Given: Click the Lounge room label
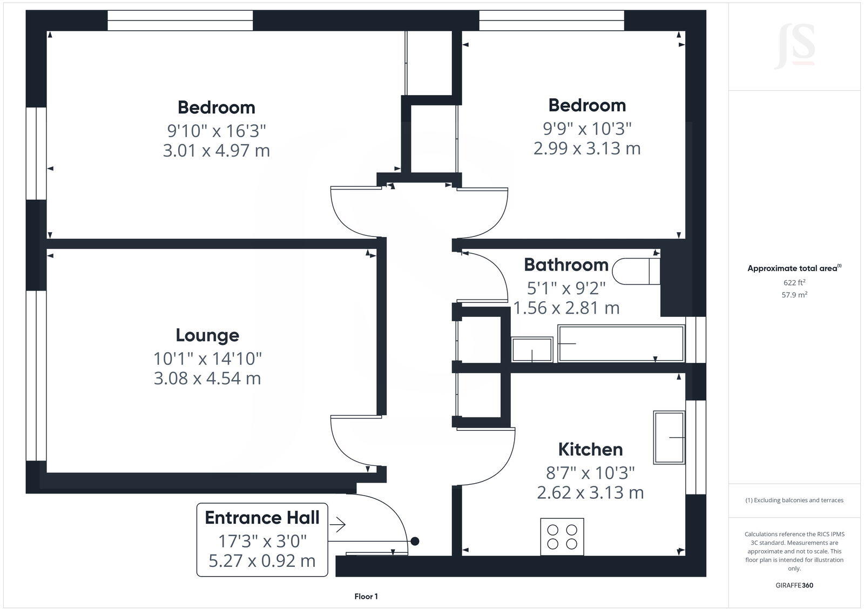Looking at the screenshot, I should pyautogui.click(x=207, y=335).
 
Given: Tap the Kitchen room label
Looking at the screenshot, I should pyautogui.click(x=590, y=449).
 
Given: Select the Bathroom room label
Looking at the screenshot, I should pyautogui.click(x=566, y=265).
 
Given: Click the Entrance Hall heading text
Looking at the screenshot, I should pyautogui.click(x=262, y=518).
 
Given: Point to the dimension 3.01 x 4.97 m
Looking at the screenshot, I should pyautogui.click(x=216, y=151).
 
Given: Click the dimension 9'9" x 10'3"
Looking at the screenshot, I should pyautogui.click(x=587, y=128).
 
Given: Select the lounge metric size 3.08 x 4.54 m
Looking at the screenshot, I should pyautogui.click(x=207, y=378).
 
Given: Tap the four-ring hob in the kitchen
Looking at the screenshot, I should pyautogui.click(x=562, y=536).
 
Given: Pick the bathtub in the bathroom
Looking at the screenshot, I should pyautogui.click(x=621, y=343).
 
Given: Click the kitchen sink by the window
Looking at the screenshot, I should pyautogui.click(x=669, y=437).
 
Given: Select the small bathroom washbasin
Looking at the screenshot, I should pyautogui.click(x=532, y=349).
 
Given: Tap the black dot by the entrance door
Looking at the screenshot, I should pyautogui.click(x=415, y=541).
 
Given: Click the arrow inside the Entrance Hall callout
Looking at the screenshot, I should pyautogui.click(x=337, y=524).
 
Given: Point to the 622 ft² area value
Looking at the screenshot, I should pyautogui.click(x=794, y=282).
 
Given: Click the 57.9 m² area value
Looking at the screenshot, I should pyautogui.click(x=794, y=295).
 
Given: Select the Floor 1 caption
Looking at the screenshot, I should pyautogui.click(x=366, y=597).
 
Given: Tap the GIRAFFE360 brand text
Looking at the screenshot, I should pyautogui.click(x=794, y=585).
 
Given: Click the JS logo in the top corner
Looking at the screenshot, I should pyautogui.click(x=794, y=48).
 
